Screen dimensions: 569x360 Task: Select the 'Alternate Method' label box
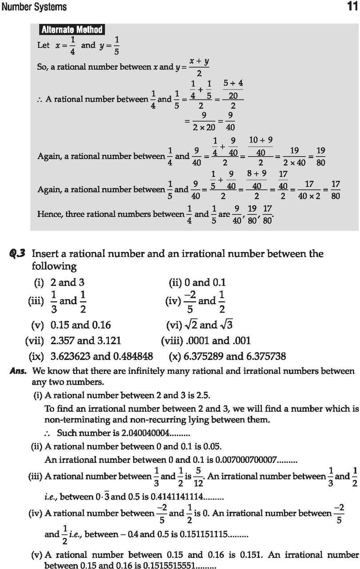tap(72, 30)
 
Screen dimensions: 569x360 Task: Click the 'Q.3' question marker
tap(19, 254)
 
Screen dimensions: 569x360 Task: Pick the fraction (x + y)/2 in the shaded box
tap(199, 68)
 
